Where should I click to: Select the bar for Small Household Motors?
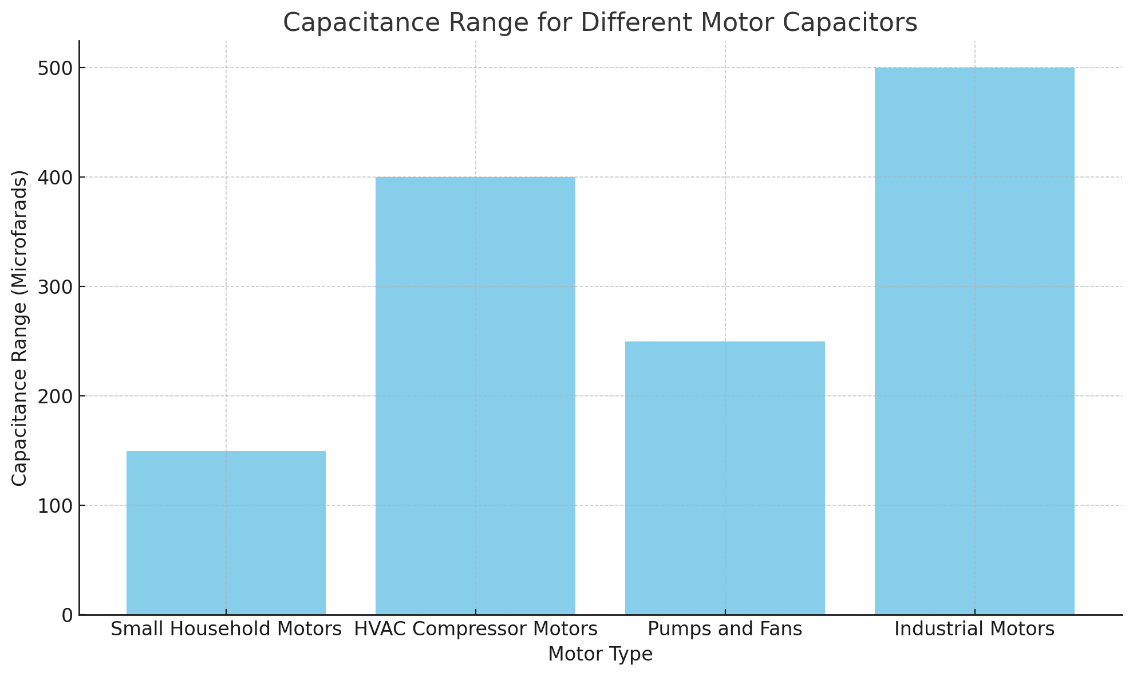(x=226, y=533)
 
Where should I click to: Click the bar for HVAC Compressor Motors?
(x=475, y=395)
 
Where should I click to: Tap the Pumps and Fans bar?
(x=725, y=478)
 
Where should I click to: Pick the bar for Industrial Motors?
(x=974, y=341)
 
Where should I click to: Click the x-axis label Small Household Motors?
(x=226, y=630)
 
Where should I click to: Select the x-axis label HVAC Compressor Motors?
(x=475, y=630)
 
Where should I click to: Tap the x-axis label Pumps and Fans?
(x=725, y=630)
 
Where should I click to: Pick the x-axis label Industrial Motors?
(x=974, y=630)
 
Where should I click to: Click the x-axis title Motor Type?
(x=600, y=654)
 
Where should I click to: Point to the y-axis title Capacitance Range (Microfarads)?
(x=20, y=328)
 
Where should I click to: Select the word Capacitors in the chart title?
(x=858, y=23)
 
